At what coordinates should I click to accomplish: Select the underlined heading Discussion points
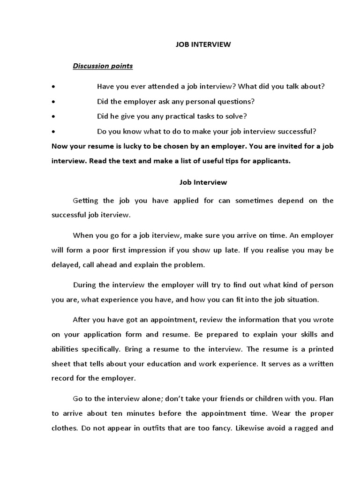click(x=103, y=66)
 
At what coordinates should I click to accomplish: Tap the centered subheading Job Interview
click(x=196, y=182)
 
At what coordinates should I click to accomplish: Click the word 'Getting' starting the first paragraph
click(x=86, y=201)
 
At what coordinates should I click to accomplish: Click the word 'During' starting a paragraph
click(x=85, y=285)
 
